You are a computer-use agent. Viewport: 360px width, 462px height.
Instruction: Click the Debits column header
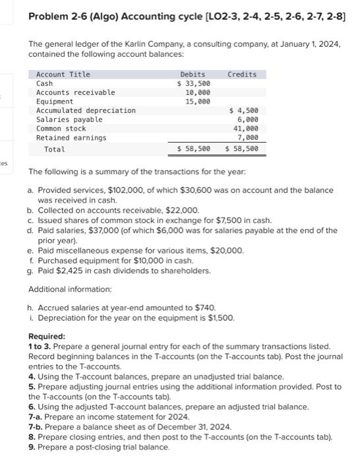pyautogui.click(x=192, y=75)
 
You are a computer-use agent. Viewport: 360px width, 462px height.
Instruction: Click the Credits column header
pyautogui.click(x=241, y=75)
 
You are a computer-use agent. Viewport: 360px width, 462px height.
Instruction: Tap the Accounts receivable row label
pyautogui.click(x=75, y=92)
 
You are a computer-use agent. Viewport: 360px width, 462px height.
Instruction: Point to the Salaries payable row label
pyautogui.click(x=69, y=119)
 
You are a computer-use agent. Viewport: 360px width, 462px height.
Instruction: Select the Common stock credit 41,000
pyautogui.click(x=247, y=129)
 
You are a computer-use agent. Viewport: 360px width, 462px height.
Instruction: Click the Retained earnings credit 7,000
pyautogui.click(x=249, y=138)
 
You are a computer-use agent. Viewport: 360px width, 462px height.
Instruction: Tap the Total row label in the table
pyautogui.click(x=54, y=149)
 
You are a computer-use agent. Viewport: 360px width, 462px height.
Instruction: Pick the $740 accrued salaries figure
pyautogui.click(x=205, y=308)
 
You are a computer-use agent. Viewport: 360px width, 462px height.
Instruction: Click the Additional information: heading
pyautogui.click(x=71, y=290)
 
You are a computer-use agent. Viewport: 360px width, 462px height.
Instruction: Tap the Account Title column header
pyautogui.click(x=63, y=75)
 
